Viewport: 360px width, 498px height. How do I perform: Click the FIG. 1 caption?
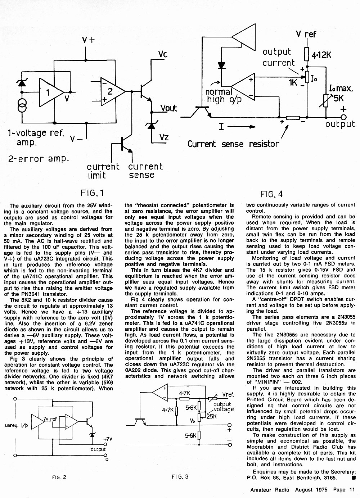[x=92, y=193]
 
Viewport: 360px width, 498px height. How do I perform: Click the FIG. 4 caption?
[x=272, y=194]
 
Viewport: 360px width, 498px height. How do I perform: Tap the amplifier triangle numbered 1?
[x=51, y=92]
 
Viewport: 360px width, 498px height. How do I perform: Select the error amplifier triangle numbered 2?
[x=113, y=91]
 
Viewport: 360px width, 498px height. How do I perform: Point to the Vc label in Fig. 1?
[x=163, y=54]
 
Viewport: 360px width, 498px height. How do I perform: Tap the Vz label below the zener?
[x=164, y=137]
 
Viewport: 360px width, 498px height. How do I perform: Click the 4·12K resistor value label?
[x=321, y=55]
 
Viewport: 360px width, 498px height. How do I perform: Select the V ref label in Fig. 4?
[x=306, y=34]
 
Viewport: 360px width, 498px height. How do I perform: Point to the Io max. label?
[x=341, y=89]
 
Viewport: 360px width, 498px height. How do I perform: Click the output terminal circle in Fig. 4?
[x=343, y=117]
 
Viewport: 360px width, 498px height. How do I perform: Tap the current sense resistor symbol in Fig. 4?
[x=293, y=118]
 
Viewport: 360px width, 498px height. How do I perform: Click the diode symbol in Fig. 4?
[x=221, y=65]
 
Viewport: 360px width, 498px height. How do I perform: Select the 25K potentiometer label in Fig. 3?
[x=211, y=416]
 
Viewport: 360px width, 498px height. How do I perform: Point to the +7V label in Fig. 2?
[x=108, y=439]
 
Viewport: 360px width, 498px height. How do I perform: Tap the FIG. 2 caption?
[x=59, y=477]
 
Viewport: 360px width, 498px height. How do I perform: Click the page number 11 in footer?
[x=352, y=490]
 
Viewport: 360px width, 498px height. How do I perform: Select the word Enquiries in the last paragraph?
[x=265, y=472]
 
